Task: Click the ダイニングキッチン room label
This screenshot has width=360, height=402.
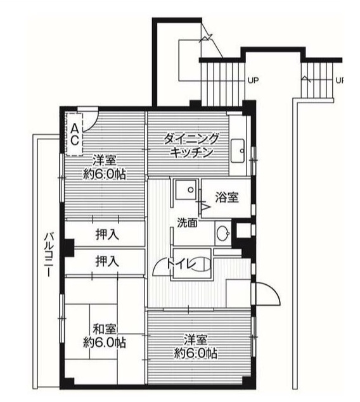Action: (x=191, y=145)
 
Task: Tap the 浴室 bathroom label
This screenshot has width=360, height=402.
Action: (x=226, y=197)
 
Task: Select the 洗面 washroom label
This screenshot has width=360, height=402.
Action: (x=187, y=223)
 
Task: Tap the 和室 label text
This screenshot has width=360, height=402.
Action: (x=104, y=329)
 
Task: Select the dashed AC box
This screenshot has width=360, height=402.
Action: (x=74, y=134)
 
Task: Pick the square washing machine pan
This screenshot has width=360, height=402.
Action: (x=186, y=189)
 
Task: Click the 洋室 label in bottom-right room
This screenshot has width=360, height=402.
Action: (x=195, y=339)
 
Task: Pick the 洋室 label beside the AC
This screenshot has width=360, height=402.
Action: (x=105, y=160)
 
